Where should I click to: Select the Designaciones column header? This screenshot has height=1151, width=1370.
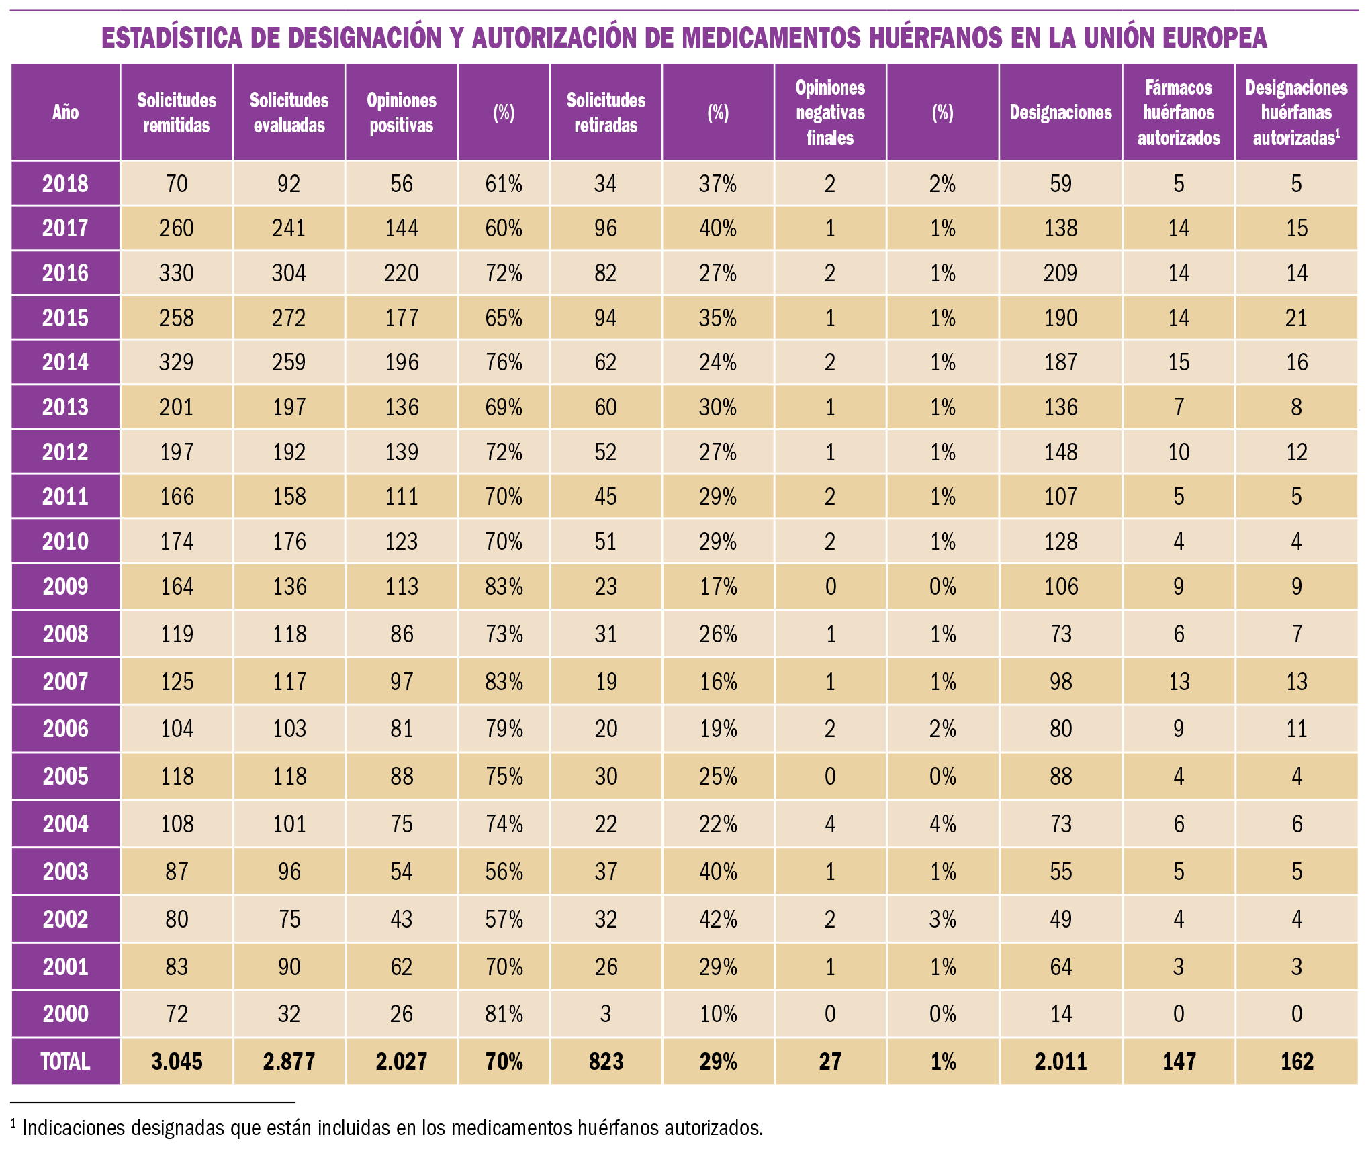(x=1060, y=113)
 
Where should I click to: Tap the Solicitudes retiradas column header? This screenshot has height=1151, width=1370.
(x=605, y=113)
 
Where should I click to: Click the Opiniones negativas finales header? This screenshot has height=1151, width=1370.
(x=830, y=113)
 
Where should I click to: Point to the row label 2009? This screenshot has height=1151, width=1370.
(x=65, y=587)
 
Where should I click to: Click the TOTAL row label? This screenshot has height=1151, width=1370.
(x=65, y=1061)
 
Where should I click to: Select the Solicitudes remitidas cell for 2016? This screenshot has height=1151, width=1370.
(x=177, y=273)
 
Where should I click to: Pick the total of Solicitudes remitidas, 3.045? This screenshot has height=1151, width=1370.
(x=177, y=1061)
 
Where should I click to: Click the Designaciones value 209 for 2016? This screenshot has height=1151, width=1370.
(x=1060, y=273)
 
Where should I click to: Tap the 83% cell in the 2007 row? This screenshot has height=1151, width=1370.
(x=504, y=682)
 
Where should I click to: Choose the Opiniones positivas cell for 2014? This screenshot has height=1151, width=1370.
(x=402, y=362)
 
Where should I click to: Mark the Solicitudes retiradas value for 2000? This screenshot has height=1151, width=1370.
(x=605, y=1013)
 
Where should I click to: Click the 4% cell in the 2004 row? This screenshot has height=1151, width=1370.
(x=942, y=823)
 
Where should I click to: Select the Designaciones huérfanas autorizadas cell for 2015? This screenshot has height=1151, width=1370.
(x=1296, y=318)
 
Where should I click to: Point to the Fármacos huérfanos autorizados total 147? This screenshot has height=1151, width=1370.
(x=1179, y=1061)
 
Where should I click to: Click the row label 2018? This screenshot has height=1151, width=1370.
(x=65, y=184)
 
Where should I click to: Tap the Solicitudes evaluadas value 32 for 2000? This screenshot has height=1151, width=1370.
(x=289, y=1013)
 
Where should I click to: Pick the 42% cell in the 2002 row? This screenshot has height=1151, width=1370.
(x=718, y=919)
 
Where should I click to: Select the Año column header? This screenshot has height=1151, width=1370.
(x=65, y=113)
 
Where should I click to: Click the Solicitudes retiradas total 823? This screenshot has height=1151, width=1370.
(x=605, y=1061)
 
